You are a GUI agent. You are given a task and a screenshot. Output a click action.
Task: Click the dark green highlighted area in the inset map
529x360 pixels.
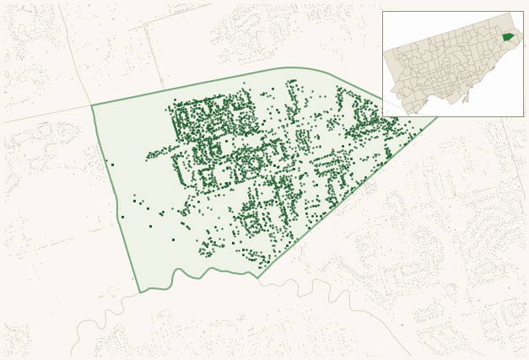pyautogui.click(x=508, y=36)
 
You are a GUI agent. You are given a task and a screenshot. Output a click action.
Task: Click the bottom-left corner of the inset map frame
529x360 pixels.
pyautogui.click(x=382, y=116)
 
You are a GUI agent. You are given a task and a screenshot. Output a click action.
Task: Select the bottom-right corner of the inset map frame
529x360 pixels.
pyautogui.click(x=523, y=116)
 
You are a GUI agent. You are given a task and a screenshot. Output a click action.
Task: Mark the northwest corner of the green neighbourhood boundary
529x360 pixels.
pyautogui.click(x=92, y=105)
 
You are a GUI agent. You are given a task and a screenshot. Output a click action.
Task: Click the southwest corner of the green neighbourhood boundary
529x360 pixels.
pyautogui.click(x=140, y=293)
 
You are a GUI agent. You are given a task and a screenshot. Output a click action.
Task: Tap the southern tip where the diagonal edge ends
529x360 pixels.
pyautogui.click(x=257, y=277)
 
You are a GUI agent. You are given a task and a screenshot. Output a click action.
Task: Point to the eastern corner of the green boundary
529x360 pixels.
pyautogui.click(x=438, y=117)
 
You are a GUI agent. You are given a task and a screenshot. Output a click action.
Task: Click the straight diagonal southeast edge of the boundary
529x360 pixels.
pyautogui.click(x=346, y=198)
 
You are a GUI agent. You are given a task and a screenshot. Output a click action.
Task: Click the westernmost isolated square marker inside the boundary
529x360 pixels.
pyautogui.click(x=112, y=164)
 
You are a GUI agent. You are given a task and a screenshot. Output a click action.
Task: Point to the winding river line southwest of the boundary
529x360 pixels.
pyautogui.click(x=101, y=316)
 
